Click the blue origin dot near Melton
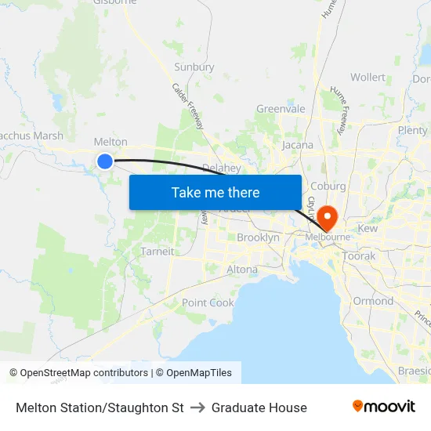coord(105,161)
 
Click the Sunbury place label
coord(194,67)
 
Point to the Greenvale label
coord(281,109)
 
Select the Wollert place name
coord(368,78)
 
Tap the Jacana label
coord(297,145)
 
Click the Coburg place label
coord(328,186)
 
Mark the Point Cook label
coord(208,302)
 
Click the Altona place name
coord(241,270)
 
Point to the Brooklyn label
coord(258,237)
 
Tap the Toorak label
coord(359,256)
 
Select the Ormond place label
coord(373,301)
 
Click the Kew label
coord(368,228)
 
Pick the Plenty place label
coord(412,130)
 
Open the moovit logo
coord(383,407)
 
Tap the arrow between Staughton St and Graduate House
coord(197,407)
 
